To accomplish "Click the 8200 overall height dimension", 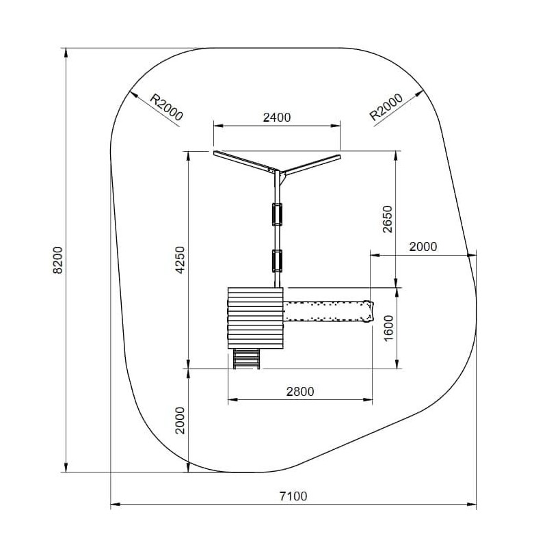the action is (57, 260).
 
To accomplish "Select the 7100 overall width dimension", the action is (293, 496).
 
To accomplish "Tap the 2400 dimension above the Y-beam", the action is (277, 117).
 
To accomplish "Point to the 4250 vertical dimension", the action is (180, 260).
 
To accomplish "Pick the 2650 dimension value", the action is (388, 219).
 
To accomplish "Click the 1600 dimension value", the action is (388, 328).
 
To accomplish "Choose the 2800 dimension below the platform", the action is (300, 391).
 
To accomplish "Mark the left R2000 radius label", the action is (166, 107).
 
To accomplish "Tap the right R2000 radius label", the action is (386, 107).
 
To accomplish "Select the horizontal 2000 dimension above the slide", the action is (423, 247).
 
